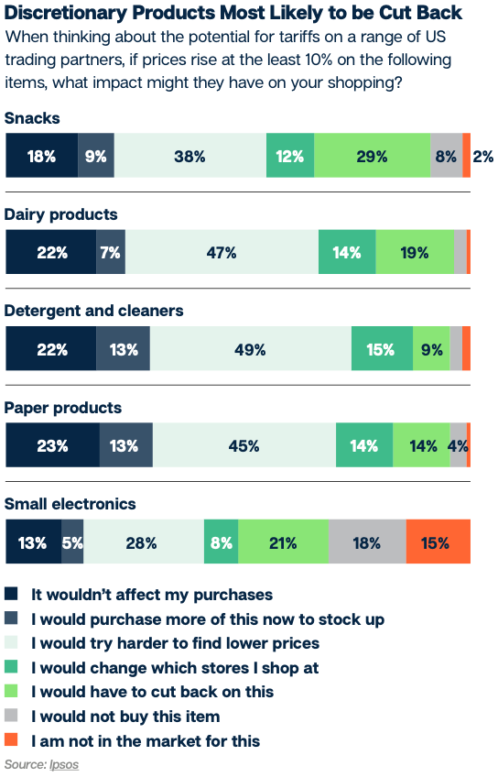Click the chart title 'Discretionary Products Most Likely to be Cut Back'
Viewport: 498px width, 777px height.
click(233, 13)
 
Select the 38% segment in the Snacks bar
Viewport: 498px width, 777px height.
click(189, 156)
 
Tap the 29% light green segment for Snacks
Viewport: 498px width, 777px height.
click(372, 156)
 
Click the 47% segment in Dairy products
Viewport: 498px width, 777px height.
click(222, 253)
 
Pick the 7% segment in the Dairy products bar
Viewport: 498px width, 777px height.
click(111, 253)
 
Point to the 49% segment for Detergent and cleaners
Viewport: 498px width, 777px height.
click(250, 349)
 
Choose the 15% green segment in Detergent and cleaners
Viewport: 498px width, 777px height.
click(382, 349)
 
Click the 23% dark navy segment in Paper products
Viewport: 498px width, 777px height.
click(52, 446)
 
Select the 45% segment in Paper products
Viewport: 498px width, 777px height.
click(244, 446)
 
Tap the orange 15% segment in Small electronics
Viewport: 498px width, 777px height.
click(437, 542)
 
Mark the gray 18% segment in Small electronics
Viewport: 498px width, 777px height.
click(366, 542)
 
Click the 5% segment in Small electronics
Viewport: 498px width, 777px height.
click(72, 542)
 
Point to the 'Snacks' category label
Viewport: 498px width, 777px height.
click(33, 118)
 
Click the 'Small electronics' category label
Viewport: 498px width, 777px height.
click(70, 504)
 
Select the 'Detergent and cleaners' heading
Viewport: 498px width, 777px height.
click(94, 311)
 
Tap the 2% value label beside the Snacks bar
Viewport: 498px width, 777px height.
click(483, 156)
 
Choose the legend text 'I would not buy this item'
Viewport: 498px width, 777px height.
click(125, 716)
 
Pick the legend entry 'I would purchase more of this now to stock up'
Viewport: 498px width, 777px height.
click(208, 618)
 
